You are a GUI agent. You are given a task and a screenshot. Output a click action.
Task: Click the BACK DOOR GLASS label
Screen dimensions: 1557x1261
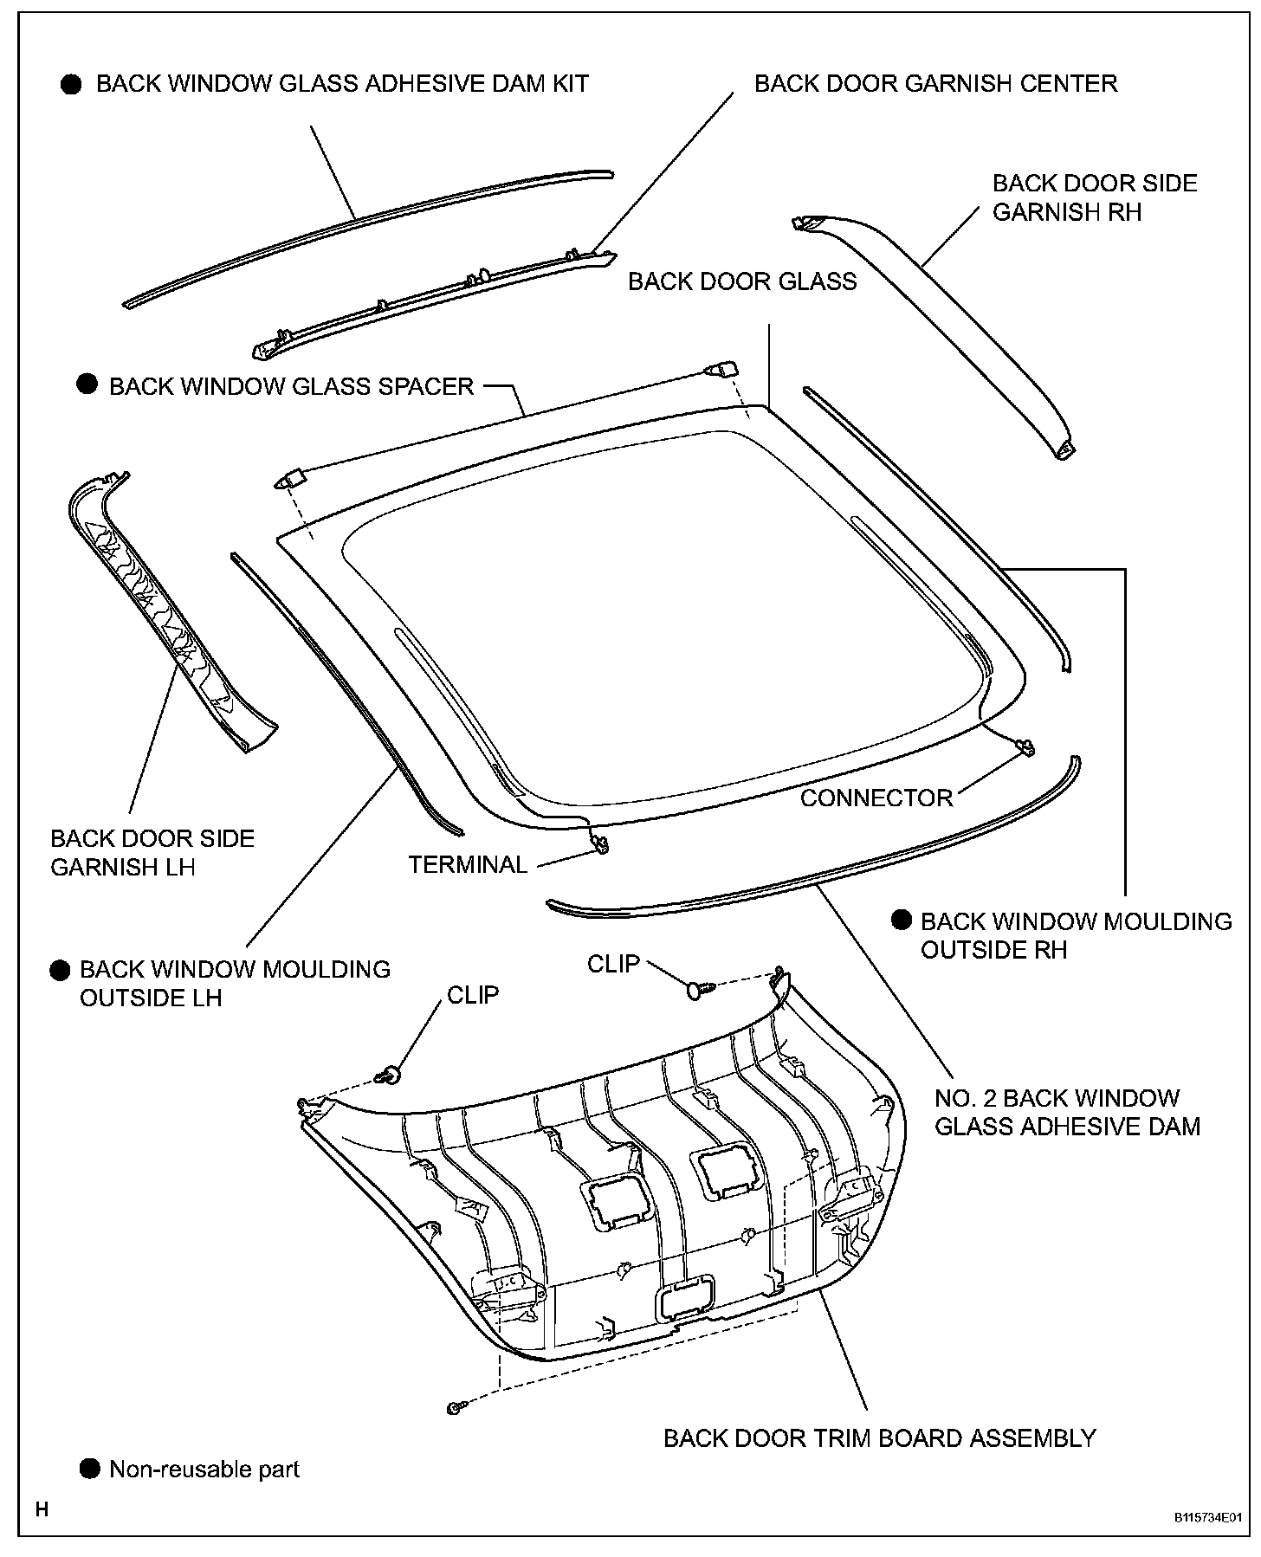[x=742, y=281]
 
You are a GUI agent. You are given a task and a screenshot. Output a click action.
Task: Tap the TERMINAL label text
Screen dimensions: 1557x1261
[x=468, y=864]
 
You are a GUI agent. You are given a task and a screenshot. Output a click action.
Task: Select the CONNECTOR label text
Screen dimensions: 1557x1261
[x=876, y=798]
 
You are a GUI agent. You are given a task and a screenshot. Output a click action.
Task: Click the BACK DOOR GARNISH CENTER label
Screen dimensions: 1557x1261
[x=935, y=84]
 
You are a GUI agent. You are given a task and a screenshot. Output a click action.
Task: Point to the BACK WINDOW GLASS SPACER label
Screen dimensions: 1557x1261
[x=292, y=386]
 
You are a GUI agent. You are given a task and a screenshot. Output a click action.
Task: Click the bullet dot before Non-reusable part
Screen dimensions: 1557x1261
[x=89, y=1469]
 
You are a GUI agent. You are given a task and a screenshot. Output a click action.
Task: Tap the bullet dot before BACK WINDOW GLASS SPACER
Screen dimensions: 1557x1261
[x=87, y=384]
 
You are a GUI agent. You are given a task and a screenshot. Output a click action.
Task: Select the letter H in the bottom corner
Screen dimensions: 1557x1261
[x=42, y=1510]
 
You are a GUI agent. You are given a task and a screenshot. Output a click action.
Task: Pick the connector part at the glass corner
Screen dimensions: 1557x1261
[x=1026, y=746]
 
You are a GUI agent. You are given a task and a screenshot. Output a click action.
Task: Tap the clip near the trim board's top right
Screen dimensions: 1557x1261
[x=698, y=988]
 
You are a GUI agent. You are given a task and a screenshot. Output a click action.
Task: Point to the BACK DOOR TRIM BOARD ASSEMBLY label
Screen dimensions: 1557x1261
[x=879, y=1438]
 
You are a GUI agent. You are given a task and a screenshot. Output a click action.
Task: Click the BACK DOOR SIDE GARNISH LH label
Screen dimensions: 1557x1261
[x=152, y=852]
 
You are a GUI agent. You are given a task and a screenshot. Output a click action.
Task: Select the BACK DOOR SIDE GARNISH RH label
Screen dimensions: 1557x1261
[x=1095, y=197]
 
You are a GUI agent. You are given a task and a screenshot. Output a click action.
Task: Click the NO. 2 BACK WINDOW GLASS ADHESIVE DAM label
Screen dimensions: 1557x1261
[x=1067, y=1112]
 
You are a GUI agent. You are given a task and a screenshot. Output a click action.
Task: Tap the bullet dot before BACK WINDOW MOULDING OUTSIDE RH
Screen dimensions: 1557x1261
[x=902, y=920]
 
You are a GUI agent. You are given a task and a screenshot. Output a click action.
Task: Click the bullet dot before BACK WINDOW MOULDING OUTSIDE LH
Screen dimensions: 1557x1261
[x=60, y=970]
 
